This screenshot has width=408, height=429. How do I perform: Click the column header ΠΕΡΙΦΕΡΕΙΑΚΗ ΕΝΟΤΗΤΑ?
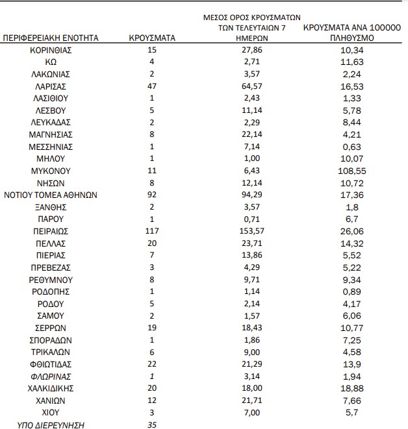[x=51, y=38]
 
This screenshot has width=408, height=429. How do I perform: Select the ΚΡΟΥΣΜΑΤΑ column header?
[x=153, y=38]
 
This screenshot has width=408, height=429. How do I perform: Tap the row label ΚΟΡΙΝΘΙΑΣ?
[x=51, y=50]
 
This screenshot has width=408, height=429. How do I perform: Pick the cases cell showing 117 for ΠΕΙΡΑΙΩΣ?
[x=152, y=231]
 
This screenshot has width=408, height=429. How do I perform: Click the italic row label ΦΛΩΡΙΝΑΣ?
[x=51, y=376]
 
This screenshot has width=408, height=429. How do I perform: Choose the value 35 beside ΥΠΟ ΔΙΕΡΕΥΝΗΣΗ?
[x=152, y=425]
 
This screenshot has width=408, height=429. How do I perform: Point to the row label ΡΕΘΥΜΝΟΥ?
[x=51, y=280]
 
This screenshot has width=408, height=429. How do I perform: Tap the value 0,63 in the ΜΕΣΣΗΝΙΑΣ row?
[x=351, y=147]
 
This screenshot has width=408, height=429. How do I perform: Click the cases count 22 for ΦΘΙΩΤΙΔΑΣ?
[x=152, y=364]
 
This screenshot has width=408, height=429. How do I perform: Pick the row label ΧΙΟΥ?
[x=51, y=413]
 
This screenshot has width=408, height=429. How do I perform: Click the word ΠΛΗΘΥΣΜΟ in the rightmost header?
[x=351, y=38]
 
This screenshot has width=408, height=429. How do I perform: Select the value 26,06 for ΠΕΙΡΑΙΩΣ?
[x=351, y=231]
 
